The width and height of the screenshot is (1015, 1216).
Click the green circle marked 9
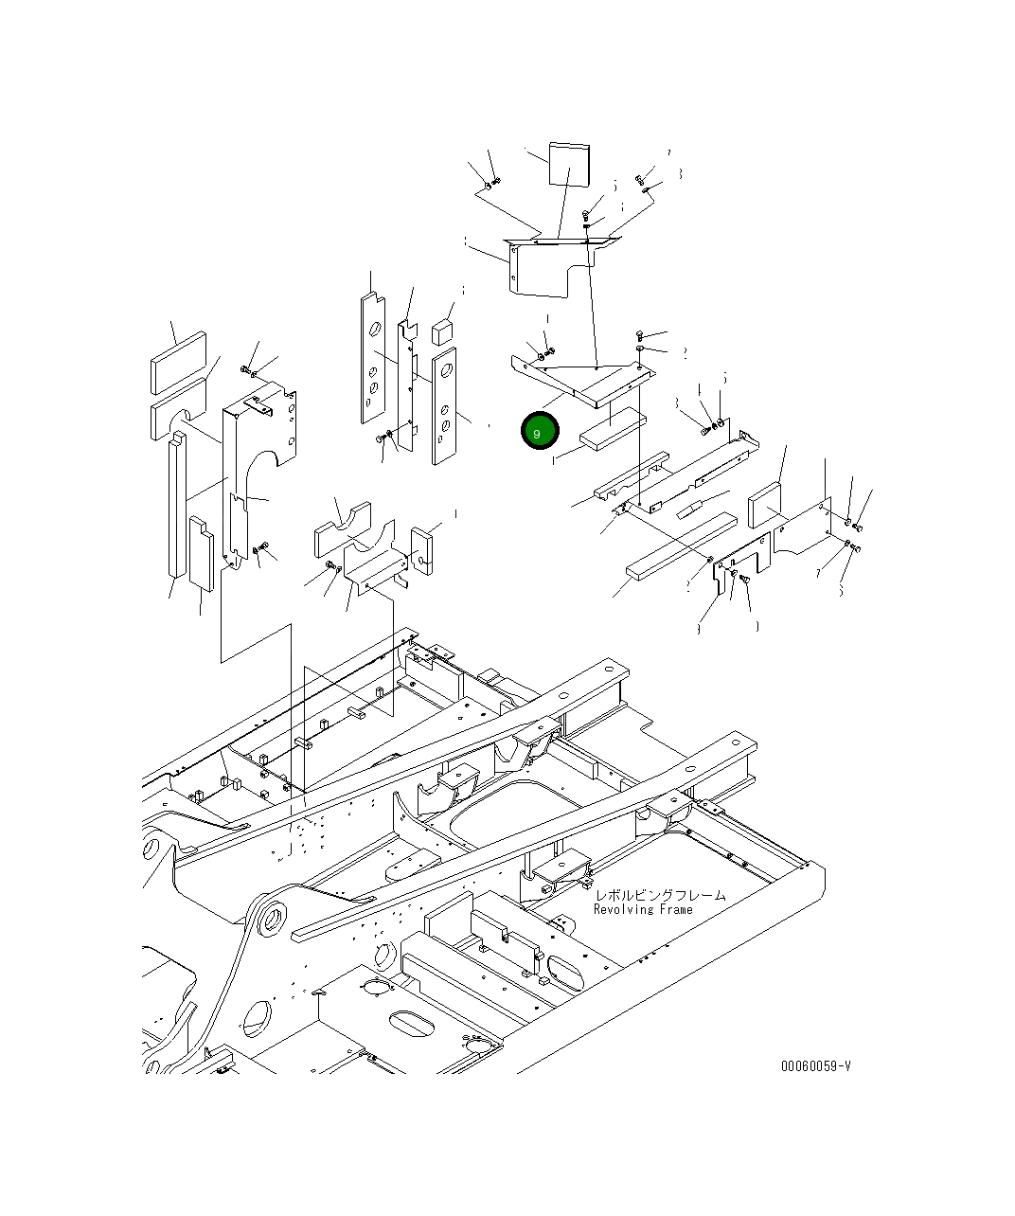tap(540, 432)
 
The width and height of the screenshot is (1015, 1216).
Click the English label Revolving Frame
tap(643, 909)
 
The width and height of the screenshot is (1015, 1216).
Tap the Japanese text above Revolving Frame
tap(660, 894)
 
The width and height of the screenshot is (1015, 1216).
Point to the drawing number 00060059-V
tap(815, 1065)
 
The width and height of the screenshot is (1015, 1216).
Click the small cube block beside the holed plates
tap(443, 331)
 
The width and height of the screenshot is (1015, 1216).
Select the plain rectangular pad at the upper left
tap(177, 361)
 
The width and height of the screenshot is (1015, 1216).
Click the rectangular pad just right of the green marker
tap(614, 431)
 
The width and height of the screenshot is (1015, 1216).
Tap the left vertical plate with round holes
tap(372, 359)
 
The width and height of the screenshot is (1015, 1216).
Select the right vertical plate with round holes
tap(444, 405)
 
